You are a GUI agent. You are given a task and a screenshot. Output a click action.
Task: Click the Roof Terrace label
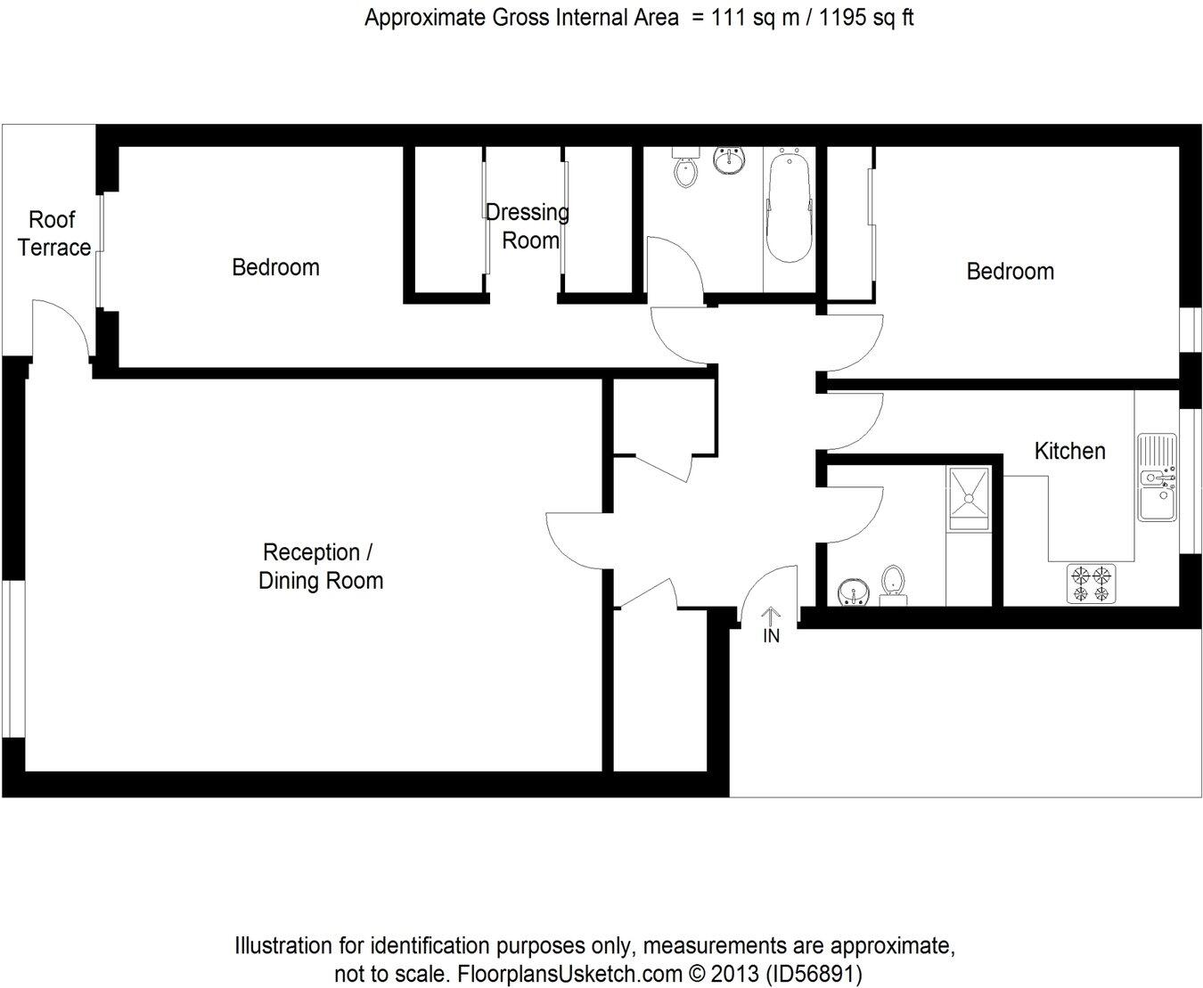click(x=53, y=233)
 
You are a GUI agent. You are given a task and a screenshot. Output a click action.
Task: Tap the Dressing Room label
click(x=528, y=226)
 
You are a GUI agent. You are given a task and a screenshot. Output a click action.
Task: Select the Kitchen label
click(x=1069, y=451)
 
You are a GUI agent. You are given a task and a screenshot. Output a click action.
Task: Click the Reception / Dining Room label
click(x=320, y=567)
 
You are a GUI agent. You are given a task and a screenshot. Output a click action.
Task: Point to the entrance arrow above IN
click(x=771, y=616)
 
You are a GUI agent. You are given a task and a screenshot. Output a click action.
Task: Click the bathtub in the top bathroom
click(x=788, y=207)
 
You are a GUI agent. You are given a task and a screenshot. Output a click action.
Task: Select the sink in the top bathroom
click(x=731, y=160)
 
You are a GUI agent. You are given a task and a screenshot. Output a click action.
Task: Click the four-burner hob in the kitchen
click(x=1092, y=583)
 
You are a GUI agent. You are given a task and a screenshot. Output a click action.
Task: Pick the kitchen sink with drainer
click(x=1158, y=478)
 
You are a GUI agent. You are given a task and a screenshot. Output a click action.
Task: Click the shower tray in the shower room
click(x=968, y=497)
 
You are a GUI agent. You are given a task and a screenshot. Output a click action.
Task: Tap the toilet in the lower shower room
click(x=893, y=584)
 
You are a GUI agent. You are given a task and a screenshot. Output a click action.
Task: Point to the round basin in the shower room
click(x=854, y=591)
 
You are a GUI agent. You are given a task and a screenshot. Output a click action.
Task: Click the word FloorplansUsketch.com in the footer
click(x=569, y=973)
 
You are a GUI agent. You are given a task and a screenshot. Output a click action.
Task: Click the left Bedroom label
click(x=275, y=267)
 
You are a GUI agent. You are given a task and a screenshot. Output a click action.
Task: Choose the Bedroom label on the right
click(x=1010, y=272)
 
